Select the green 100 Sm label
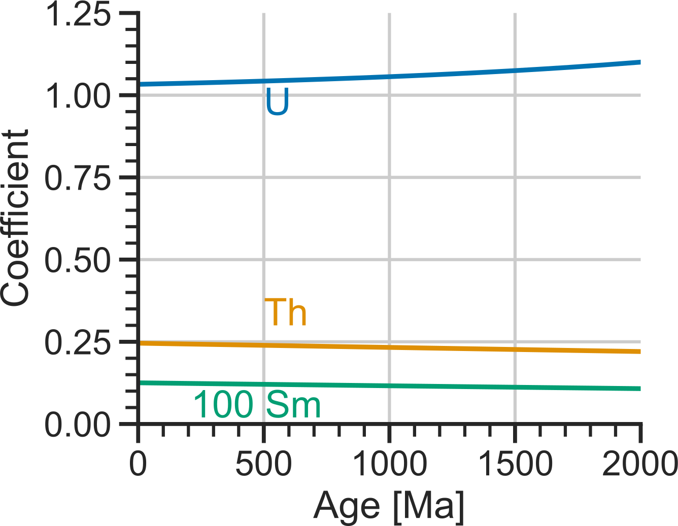[x=257, y=405]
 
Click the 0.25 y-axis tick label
[x=78, y=342]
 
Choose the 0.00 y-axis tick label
[x=78, y=424]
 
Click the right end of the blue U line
[x=639, y=62]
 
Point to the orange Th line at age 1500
[x=515, y=349]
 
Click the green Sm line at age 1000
[x=389, y=386]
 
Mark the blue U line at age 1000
[x=389, y=77]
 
